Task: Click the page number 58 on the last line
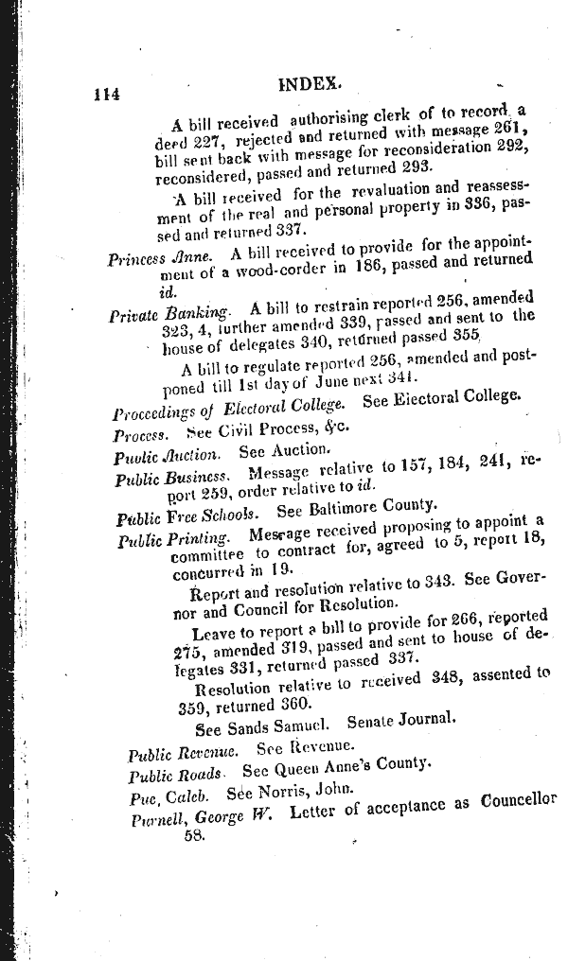tap(195, 837)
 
